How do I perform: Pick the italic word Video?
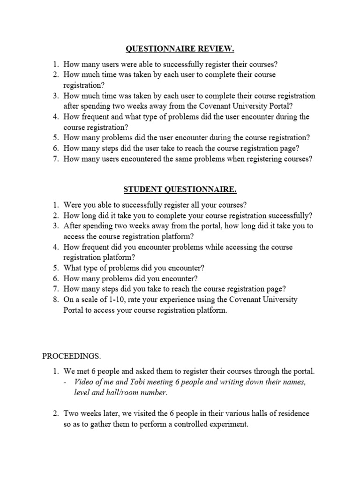pyautogui.click(x=85, y=382)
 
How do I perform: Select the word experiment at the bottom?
pyautogui.click(x=232, y=424)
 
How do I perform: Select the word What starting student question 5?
pyautogui.click(x=74, y=268)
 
